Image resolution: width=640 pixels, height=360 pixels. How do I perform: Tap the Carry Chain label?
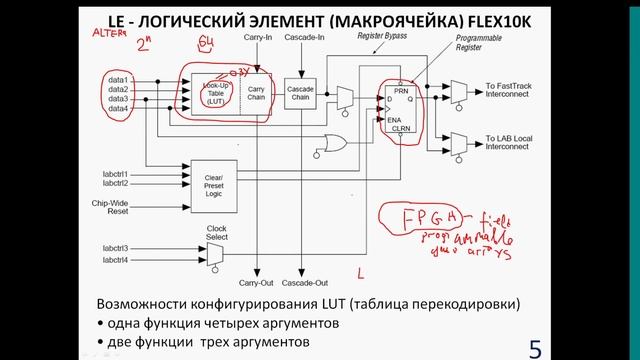pyautogui.click(x=255, y=92)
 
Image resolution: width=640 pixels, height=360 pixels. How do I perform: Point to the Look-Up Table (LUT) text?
pyautogui.click(x=207, y=92)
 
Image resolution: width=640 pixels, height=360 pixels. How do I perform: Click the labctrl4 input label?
pyautogui.click(x=113, y=260)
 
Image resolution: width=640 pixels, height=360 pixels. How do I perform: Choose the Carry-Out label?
pyautogui.click(x=256, y=285)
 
